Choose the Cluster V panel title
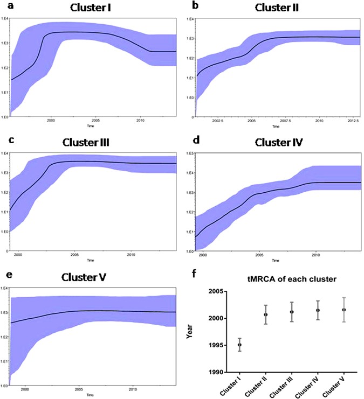pyautogui.click(x=87, y=278)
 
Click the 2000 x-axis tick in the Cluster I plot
pyautogui.click(x=51, y=121)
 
